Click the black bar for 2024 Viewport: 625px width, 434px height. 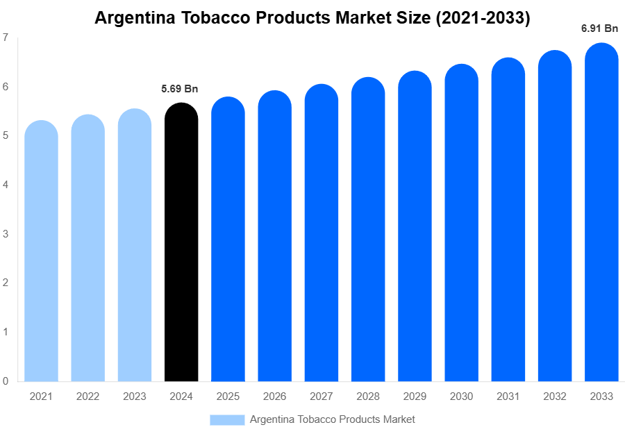(x=181, y=243)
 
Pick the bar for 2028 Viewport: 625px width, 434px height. (x=368, y=230)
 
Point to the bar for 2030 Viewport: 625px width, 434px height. (x=461, y=223)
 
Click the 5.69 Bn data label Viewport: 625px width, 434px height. (x=180, y=88)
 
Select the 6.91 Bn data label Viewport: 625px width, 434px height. (x=600, y=28)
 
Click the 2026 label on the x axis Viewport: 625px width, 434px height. (x=274, y=397)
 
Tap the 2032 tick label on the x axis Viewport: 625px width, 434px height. (x=555, y=397)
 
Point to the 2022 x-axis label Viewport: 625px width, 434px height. (x=87, y=397)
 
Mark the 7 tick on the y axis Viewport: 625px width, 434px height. (x=6, y=37)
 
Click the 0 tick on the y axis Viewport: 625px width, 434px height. (x=6, y=381)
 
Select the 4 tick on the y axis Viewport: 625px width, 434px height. (x=6, y=185)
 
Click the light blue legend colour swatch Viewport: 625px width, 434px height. (x=227, y=419)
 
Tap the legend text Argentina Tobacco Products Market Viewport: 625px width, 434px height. (x=332, y=419)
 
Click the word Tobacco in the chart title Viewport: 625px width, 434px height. (x=222, y=18)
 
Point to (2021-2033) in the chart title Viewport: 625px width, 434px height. (x=483, y=18)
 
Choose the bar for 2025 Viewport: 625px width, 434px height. (x=228, y=240)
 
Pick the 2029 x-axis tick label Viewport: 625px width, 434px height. (x=415, y=397)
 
